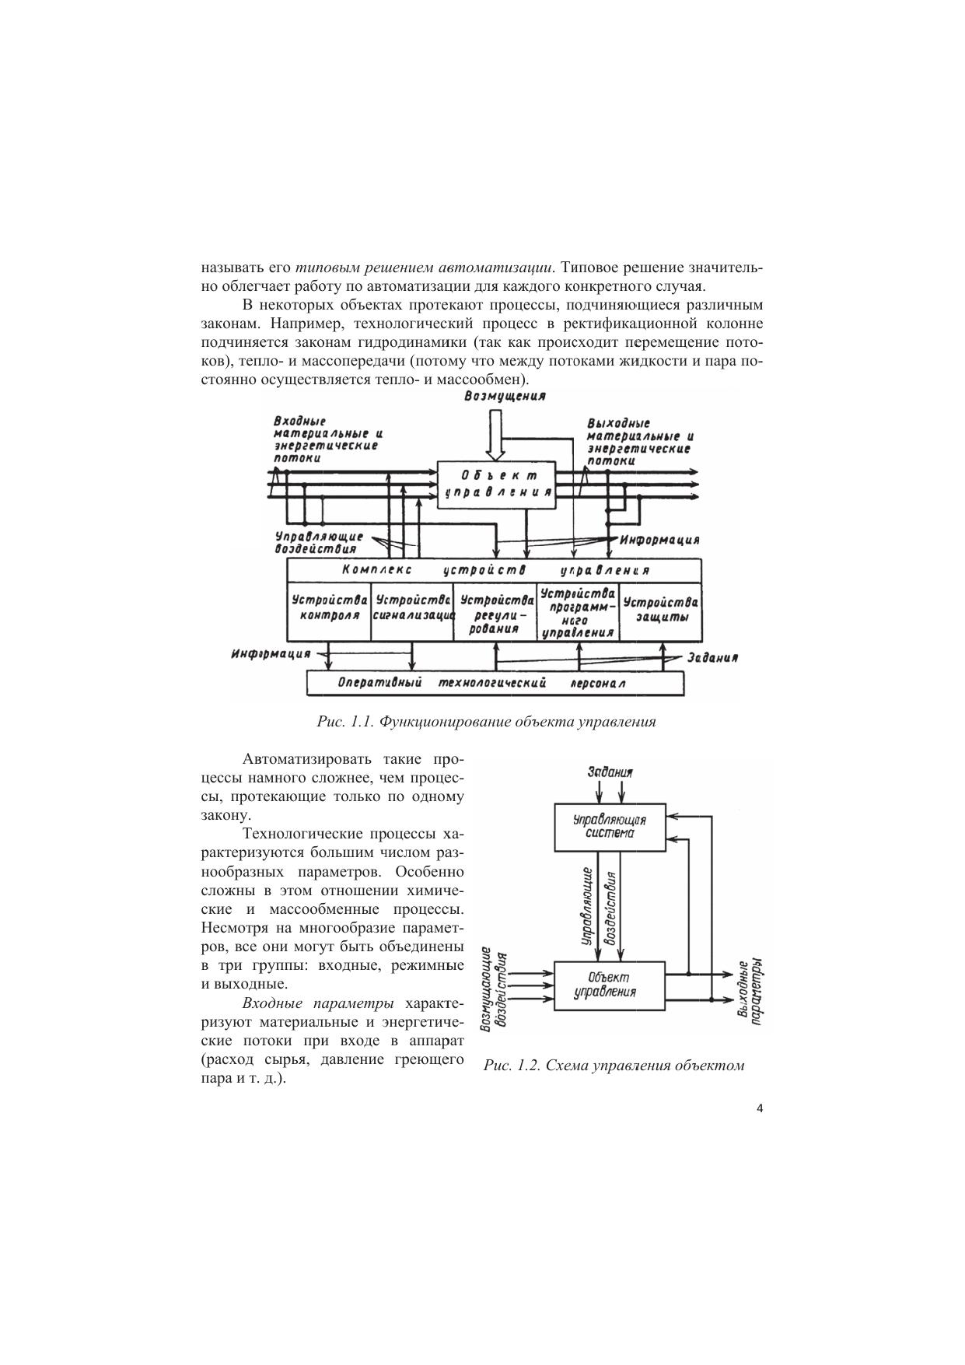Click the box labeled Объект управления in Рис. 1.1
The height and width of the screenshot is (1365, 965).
pos(497,484)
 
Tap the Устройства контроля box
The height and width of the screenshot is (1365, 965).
pos(330,609)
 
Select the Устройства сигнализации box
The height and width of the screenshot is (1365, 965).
pos(413,609)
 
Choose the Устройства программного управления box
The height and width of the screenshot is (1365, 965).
pos(578,613)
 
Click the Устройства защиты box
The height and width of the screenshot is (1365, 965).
pos(660,609)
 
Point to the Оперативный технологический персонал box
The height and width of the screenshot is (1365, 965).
pos(496,683)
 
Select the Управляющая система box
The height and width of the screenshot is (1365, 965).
pos(610,827)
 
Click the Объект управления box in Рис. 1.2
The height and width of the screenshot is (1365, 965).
pos(609,985)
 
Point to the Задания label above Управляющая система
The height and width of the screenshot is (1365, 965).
pos(610,772)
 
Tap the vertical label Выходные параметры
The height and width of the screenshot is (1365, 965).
pos(751,991)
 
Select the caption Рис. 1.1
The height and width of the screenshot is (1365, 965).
pos(486,722)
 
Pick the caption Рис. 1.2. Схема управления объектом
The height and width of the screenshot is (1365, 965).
pos(614,1066)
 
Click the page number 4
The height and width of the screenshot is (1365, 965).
pos(760,1109)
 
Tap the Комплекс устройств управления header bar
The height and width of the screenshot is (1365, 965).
pos(495,570)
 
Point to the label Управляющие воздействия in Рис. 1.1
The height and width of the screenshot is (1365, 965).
pos(319,542)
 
